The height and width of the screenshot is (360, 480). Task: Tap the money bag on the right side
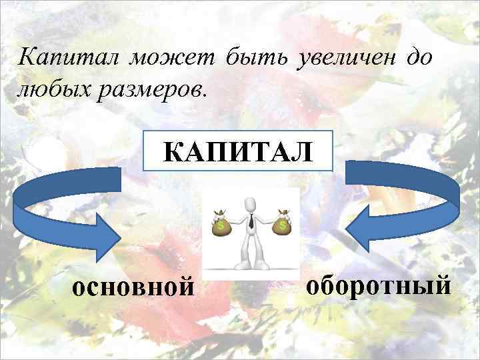(283, 225)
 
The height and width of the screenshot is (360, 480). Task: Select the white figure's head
(250, 203)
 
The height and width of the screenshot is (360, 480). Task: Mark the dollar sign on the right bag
(283, 227)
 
